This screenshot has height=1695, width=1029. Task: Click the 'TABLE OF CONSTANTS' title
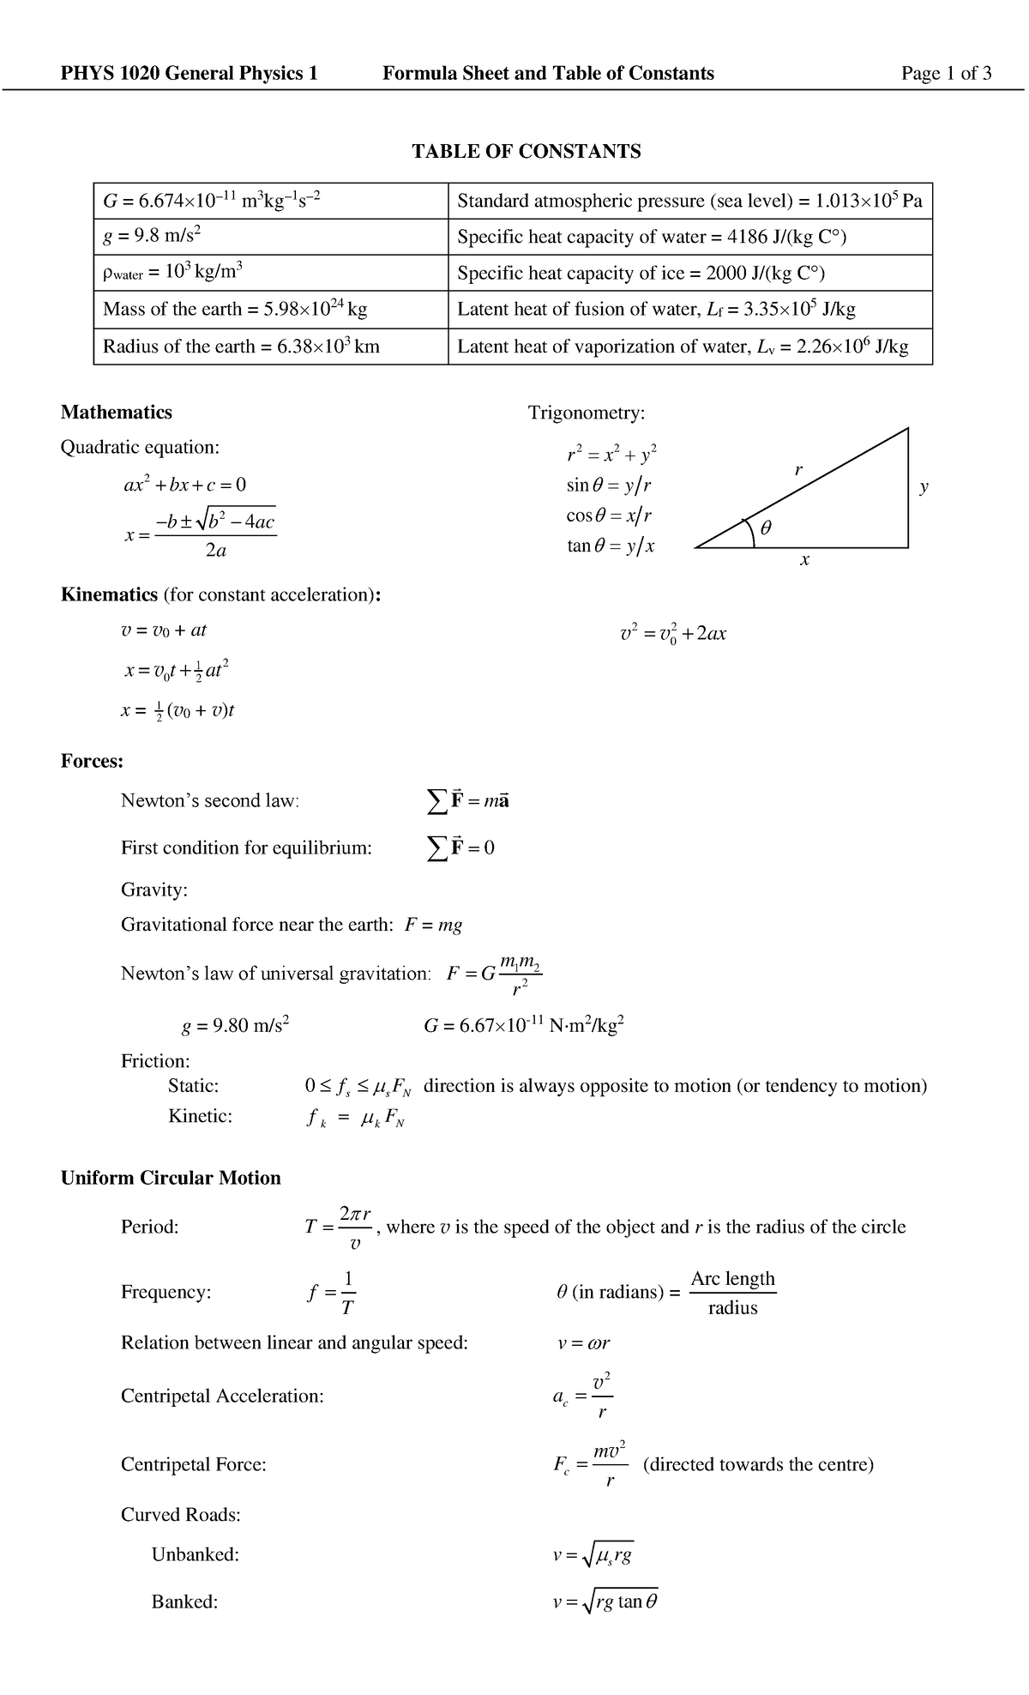[x=526, y=152]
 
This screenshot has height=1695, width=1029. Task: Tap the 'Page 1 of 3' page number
[x=946, y=74]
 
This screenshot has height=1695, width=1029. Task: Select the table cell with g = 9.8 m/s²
[x=270, y=237]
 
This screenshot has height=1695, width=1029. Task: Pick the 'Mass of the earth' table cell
[x=270, y=310]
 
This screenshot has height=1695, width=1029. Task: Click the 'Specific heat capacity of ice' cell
[x=689, y=274]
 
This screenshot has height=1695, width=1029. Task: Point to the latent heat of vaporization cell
[x=689, y=347]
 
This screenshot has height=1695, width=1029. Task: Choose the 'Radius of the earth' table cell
[x=270, y=347]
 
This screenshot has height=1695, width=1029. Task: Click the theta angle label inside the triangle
[x=766, y=529]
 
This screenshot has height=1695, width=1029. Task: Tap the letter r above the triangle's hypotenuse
[x=798, y=469]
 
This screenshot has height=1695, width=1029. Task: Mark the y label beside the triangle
[x=924, y=486]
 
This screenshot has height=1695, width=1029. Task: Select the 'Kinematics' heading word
[x=109, y=595]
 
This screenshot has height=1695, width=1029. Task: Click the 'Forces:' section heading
[x=92, y=762]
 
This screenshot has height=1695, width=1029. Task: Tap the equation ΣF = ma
[x=468, y=801]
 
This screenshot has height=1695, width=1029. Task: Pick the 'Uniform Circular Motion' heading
[x=171, y=1179]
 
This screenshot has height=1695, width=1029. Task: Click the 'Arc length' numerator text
[x=732, y=1279]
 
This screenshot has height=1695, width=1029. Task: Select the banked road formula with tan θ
[x=605, y=1602]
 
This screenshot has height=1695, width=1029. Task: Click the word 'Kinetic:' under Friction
[x=200, y=1116]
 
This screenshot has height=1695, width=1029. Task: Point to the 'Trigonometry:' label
[x=586, y=413]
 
